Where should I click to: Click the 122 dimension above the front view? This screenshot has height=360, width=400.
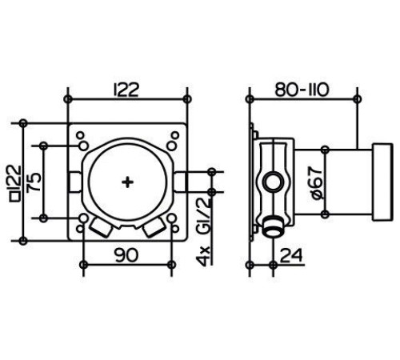pos(126,90)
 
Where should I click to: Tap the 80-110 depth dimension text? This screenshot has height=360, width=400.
pos(302,90)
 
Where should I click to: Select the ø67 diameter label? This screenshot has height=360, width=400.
pos(317,183)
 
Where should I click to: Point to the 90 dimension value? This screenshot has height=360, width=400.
pos(127,254)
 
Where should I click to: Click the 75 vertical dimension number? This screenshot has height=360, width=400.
pos(35,182)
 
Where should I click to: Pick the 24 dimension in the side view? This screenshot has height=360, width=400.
pos(291,255)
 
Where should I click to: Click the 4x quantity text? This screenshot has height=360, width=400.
pos(204,257)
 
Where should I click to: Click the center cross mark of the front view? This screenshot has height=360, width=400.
pos(127,182)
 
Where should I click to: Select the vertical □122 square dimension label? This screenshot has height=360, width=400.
pos(16,183)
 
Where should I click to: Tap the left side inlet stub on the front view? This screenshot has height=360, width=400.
pos(75,182)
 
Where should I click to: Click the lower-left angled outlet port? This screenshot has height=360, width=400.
pos(101,227)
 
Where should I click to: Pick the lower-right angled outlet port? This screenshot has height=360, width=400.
pos(154,227)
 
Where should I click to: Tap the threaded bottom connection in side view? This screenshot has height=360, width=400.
pos(274,227)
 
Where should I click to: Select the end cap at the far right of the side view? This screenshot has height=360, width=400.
pos(382,182)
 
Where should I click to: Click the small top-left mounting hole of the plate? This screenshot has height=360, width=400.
pos(80,135)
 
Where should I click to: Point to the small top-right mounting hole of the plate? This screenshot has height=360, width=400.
pos(175,135)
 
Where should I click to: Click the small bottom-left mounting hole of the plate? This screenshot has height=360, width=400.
pos(80,229)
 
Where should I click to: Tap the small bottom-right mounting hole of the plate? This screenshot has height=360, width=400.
pos(175,229)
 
